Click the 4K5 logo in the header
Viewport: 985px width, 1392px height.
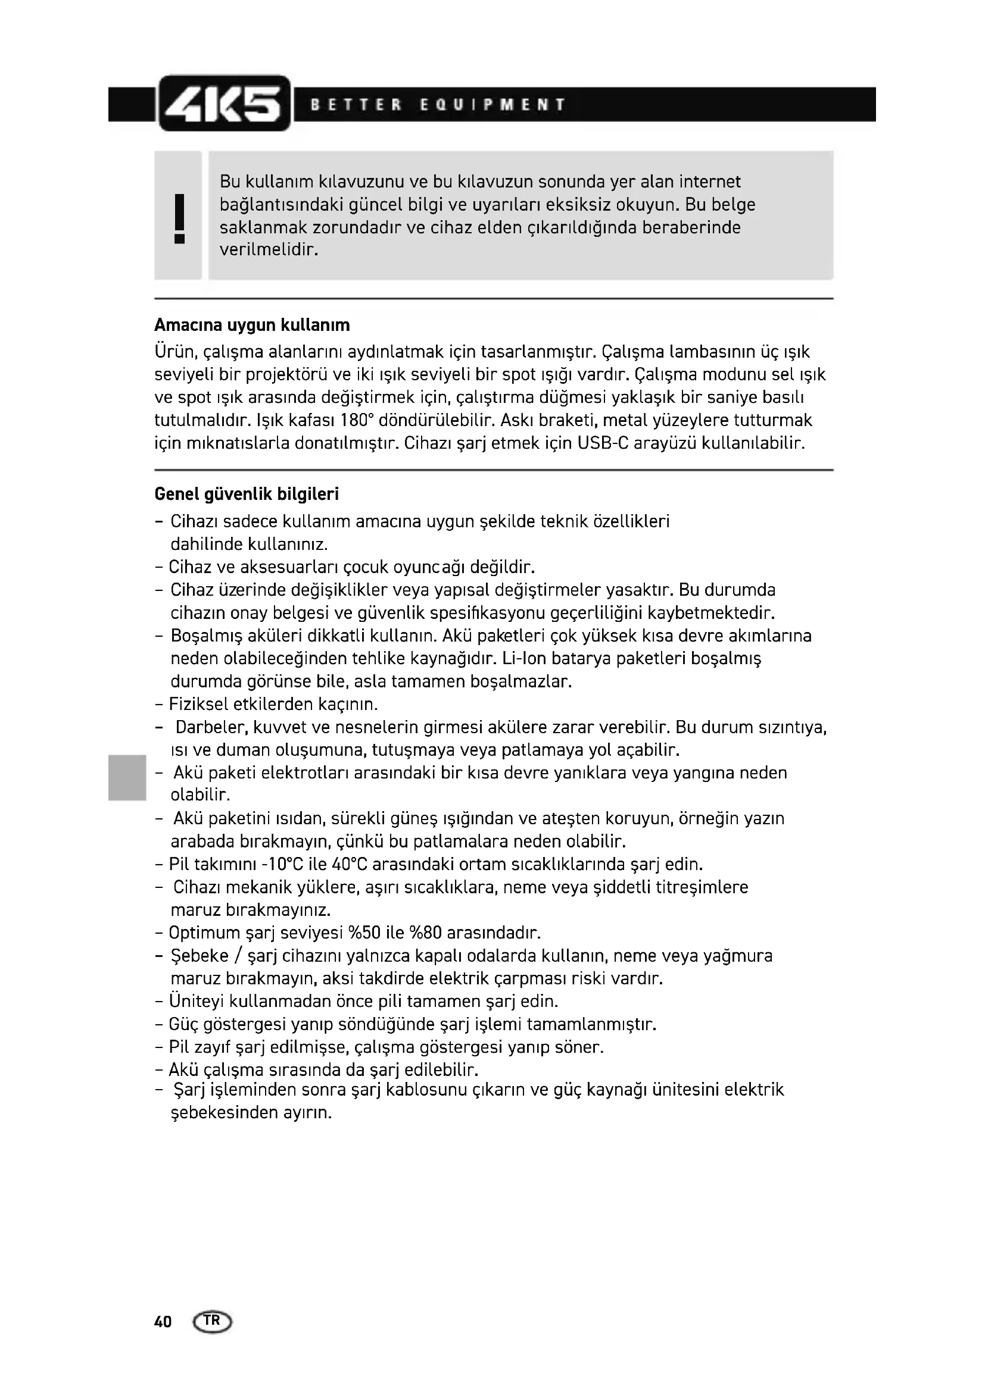point(224,104)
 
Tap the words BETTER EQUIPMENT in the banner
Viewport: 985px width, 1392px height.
point(438,105)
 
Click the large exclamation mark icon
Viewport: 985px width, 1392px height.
point(179,218)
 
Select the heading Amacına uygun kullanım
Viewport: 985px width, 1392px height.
point(252,326)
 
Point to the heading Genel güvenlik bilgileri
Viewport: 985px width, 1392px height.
point(247,495)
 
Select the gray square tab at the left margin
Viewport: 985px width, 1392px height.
point(126,777)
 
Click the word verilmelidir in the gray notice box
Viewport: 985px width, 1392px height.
point(268,250)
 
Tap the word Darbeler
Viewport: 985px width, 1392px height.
point(211,727)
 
